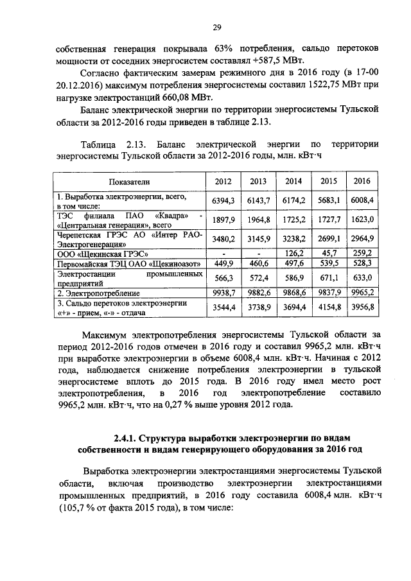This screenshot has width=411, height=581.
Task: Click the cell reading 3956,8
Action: click(362, 308)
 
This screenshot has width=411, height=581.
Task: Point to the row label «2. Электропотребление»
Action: click(96, 293)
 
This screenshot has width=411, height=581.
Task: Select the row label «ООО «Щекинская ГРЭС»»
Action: click(96, 253)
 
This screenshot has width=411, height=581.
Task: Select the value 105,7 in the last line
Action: click(71, 507)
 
